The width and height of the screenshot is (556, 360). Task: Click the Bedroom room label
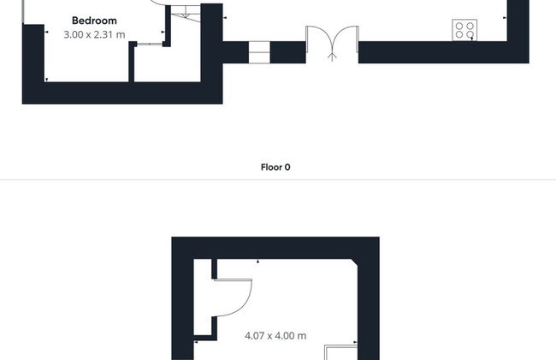click(94, 21)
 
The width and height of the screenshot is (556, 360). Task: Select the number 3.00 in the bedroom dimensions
click(74, 35)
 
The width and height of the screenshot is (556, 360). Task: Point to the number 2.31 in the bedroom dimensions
click(104, 35)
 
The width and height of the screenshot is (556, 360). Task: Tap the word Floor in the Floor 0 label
click(271, 167)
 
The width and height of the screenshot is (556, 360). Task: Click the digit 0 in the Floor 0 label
click(287, 167)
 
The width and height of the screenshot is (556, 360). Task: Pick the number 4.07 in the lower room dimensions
click(254, 336)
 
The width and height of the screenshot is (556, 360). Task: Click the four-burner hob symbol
click(464, 30)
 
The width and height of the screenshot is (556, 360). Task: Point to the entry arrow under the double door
click(332, 57)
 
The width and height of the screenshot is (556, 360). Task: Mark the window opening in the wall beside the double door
click(259, 52)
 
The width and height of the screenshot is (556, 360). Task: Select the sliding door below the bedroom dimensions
click(150, 44)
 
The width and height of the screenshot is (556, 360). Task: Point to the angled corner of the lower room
click(354, 262)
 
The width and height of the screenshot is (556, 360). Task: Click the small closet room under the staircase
click(168, 64)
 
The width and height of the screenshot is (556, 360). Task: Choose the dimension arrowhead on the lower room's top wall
click(258, 261)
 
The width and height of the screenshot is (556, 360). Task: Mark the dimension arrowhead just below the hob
click(472, 39)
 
